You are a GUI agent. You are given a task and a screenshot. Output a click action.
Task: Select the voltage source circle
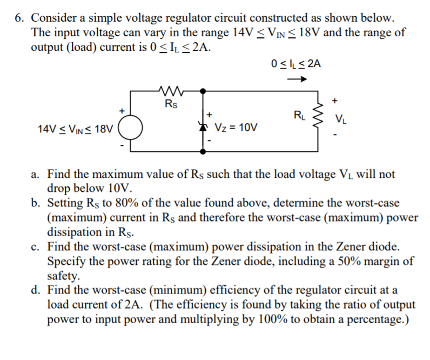pos(130,130)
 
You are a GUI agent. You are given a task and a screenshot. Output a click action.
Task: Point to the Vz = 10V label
pos(236,129)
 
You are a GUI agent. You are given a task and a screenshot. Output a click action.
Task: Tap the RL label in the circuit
pos(298,115)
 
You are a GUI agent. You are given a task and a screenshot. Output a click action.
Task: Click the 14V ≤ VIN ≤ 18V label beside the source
pos(76,130)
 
